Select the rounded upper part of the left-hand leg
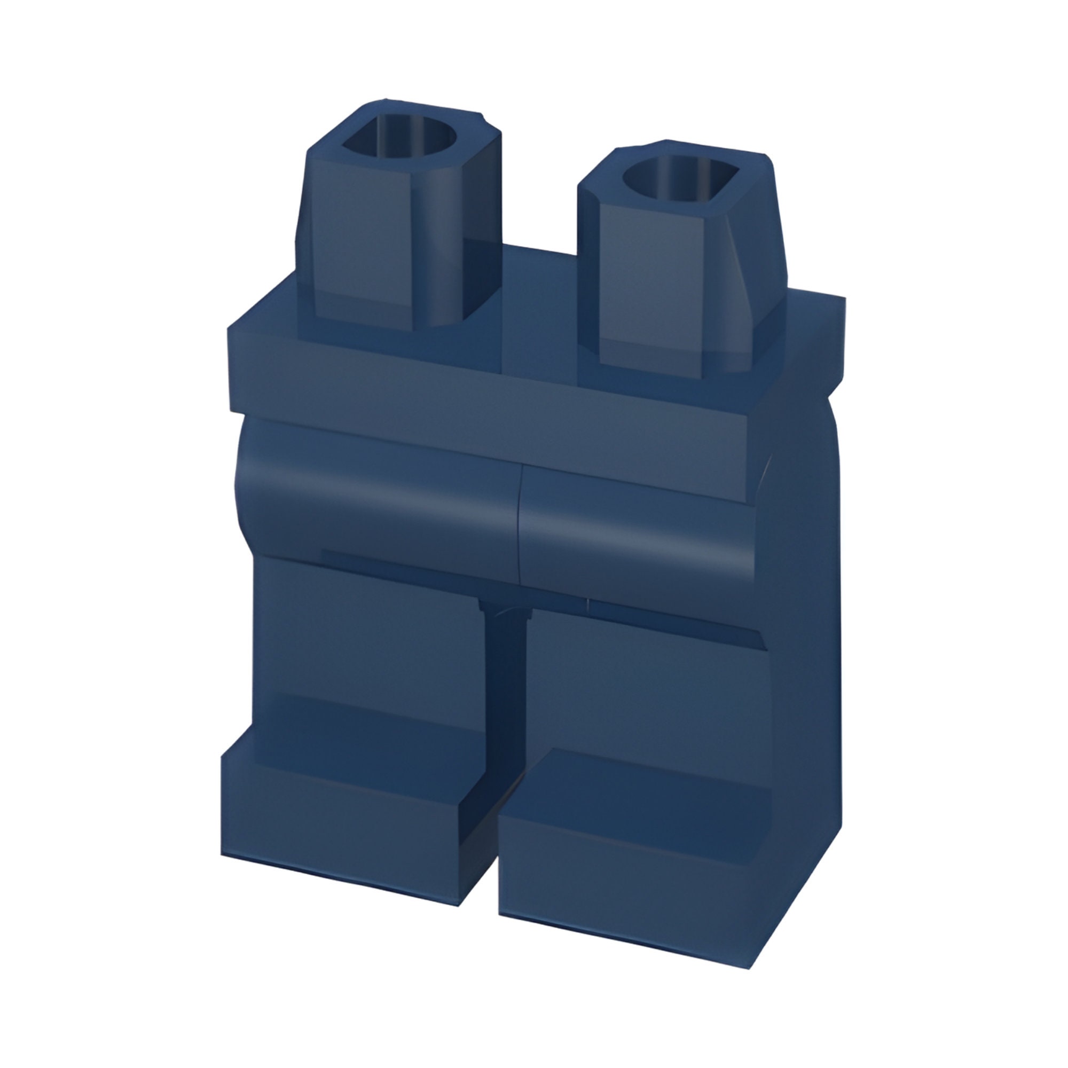point(376,498)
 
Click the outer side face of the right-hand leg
point(807,663)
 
